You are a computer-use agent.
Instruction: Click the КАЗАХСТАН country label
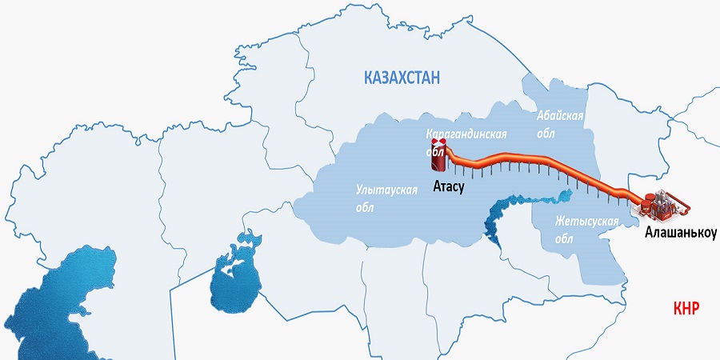(x=402, y=78)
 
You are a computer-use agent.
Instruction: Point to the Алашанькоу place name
(x=680, y=233)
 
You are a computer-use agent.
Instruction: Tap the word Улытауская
(x=387, y=190)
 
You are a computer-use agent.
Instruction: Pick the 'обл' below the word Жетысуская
(x=564, y=239)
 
